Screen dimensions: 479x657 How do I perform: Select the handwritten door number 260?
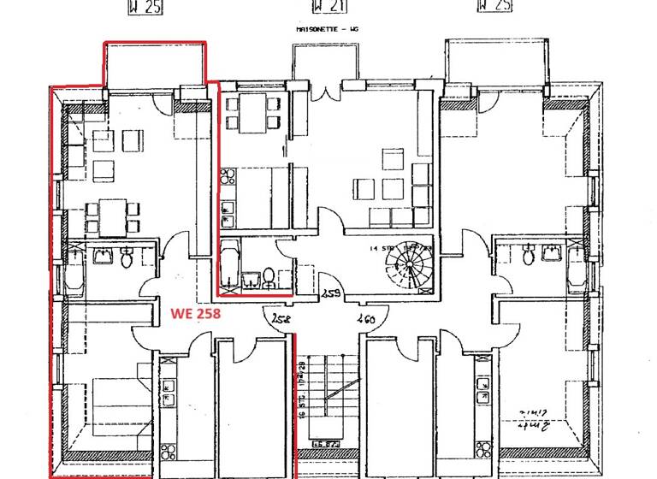(365, 319)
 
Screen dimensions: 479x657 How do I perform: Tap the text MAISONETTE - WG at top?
(328, 29)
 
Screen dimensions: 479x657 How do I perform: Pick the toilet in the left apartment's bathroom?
(126, 257)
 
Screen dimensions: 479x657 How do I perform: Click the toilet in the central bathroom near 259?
(268, 276)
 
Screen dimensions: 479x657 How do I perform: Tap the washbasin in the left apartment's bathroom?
(104, 255)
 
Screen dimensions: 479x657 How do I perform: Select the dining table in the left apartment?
(112, 213)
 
